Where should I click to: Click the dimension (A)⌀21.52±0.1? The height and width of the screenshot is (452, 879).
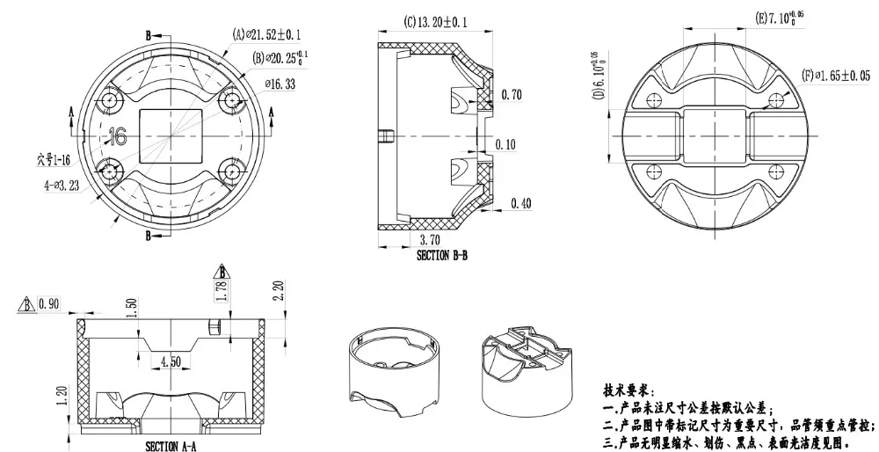pos(267,35)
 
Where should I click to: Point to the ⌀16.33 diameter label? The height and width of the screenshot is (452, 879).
pos(280,84)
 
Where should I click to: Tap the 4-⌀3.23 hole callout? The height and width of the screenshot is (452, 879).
pos(62,186)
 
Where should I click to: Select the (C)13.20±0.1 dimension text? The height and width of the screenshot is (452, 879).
pos(436,20)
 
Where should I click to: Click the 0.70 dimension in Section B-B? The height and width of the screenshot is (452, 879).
pos(511,94)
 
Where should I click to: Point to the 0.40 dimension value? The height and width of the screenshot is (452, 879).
pos(521,204)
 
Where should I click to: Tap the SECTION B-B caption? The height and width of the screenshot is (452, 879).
pos(441,256)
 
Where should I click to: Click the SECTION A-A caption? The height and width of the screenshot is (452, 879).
pos(171,446)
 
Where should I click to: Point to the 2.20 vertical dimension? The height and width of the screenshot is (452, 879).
pos(279,290)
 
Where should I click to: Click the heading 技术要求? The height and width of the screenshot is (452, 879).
pos(628,390)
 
